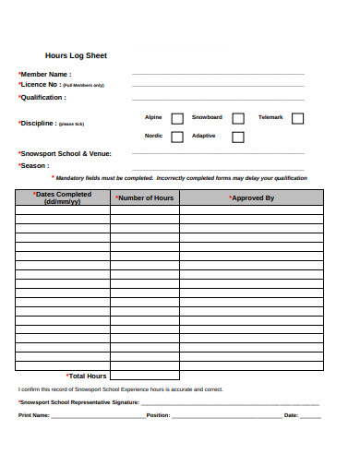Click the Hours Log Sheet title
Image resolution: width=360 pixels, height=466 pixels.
(76, 55)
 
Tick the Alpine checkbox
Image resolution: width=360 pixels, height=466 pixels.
(177, 118)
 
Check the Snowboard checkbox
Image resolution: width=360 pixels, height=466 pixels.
(238, 118)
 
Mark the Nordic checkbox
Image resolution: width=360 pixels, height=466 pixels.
(177, 137)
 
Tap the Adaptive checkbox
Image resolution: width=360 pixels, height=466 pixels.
(238, 137)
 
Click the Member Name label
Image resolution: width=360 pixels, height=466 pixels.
(44, 75)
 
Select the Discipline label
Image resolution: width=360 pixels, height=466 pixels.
(39, 123)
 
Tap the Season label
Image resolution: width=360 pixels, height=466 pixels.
(34, 166)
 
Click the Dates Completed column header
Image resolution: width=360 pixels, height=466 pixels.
(62, 197)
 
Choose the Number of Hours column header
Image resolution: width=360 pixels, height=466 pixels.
(144, 197)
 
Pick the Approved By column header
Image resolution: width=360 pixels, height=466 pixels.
(251, 197)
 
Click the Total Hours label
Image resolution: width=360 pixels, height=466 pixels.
(87, 376)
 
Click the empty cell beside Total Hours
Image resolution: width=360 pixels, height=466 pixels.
(144, 376)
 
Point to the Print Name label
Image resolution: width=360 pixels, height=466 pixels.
(34, 416)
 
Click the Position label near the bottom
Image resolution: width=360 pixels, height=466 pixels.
(158, 416)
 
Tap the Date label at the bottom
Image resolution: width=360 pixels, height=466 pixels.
(291, 416)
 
